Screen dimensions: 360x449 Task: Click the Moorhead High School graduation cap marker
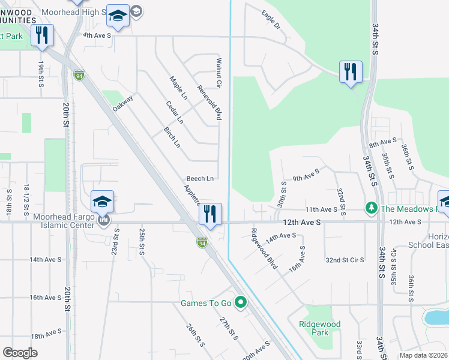click(118, 17)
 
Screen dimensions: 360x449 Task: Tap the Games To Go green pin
click(241, 302)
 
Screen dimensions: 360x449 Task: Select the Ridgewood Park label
click(319, 328)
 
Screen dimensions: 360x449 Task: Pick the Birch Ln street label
click(172, 137)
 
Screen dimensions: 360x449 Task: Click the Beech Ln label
click(200, 178)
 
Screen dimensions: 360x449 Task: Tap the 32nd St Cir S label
click(345, 260)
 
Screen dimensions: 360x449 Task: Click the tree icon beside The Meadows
click(372, 208)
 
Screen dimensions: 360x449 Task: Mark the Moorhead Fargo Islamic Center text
click(48, 220)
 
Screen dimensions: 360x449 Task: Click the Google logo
click(20, 353)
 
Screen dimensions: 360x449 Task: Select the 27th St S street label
click(229, 329)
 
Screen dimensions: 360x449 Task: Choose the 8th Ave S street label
click(382, 143)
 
